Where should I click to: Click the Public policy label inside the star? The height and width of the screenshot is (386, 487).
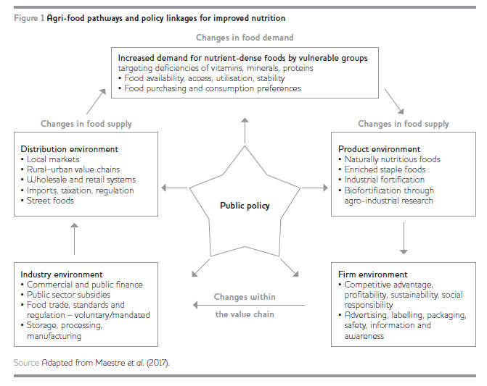[245, 206]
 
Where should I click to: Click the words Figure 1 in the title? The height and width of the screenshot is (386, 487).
[28, 17]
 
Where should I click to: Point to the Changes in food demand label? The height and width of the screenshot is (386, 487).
[245, 37]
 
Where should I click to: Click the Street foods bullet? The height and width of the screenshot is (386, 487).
[51, 201]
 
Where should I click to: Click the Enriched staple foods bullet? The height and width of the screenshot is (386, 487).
[385, 169]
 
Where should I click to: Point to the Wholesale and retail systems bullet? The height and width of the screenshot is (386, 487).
[81, 180]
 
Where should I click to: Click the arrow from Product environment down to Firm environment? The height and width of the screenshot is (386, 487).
[403, 239]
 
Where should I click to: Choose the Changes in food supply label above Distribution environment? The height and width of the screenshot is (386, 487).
[86, 124]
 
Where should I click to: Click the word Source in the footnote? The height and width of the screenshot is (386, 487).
[26, 360]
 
